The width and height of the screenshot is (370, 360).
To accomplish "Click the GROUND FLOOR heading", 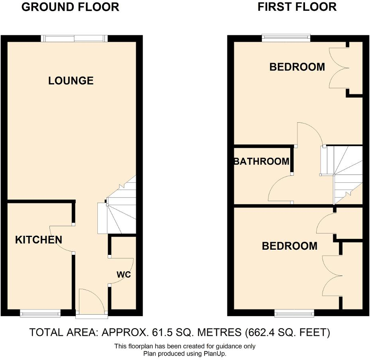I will click(x=70, y=7).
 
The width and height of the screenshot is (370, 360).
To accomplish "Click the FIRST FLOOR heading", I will click(x=297, y=7).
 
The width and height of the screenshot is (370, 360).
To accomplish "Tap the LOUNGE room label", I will click(x=71, y=81).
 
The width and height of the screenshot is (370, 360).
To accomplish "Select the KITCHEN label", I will click(x=39, y=240).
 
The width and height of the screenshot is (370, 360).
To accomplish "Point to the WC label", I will click(x=124, y=274).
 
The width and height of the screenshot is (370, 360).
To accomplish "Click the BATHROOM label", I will click(x=262, y=162).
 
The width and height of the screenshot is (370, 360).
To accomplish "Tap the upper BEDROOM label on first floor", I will click(x=297, y=67).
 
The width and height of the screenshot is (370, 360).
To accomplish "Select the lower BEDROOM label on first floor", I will click(x=289, y=246).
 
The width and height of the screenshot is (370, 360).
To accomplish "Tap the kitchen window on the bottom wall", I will click(x=41, y=314).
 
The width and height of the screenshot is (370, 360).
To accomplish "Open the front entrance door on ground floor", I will click(x=92, y=303).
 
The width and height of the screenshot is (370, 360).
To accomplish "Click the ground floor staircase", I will click(x=120, y=215).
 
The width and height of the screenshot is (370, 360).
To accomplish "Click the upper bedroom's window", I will click(x=286, y=38).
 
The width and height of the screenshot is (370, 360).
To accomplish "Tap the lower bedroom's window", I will click(x=294, y=314).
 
